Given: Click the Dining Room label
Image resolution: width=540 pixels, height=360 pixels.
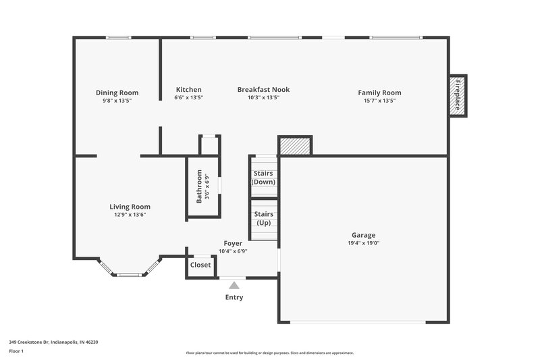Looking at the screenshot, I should tap(117, 93).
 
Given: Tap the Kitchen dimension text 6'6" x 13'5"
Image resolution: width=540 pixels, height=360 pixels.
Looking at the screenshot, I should tap(188, 98).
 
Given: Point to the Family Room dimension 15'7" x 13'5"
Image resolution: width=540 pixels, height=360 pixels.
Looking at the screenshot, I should tap(379, 100).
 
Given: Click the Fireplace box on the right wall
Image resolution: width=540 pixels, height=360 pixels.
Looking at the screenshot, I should tap(458, 95).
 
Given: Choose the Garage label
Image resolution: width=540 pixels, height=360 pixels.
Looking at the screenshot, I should tap(363, 235).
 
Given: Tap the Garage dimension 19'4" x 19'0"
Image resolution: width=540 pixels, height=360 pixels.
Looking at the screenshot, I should tap(363, 243).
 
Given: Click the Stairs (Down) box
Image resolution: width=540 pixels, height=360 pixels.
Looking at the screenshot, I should tap(263, 178).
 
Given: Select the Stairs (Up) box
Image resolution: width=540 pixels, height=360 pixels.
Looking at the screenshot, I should tap(263, 219).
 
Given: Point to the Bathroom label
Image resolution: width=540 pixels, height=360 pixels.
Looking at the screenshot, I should tap(199, 186).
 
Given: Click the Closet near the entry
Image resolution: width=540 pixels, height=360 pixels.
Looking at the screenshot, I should tap(200, 265).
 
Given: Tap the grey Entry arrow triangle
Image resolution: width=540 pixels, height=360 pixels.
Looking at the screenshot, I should tap(234, 286).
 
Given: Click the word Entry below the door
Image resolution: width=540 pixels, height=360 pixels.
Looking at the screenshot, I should tap(234, 298).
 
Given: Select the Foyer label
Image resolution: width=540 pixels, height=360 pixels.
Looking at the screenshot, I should tap(233, 243).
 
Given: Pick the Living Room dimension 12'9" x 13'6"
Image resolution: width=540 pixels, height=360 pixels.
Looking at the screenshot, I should tap(130, 215).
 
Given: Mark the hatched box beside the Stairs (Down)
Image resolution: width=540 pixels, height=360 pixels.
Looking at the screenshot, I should tap(295, 146).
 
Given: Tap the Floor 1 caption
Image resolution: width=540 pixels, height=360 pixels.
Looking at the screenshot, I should tap(16, 351).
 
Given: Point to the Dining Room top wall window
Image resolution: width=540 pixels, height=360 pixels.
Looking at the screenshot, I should tap(119, 38).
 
